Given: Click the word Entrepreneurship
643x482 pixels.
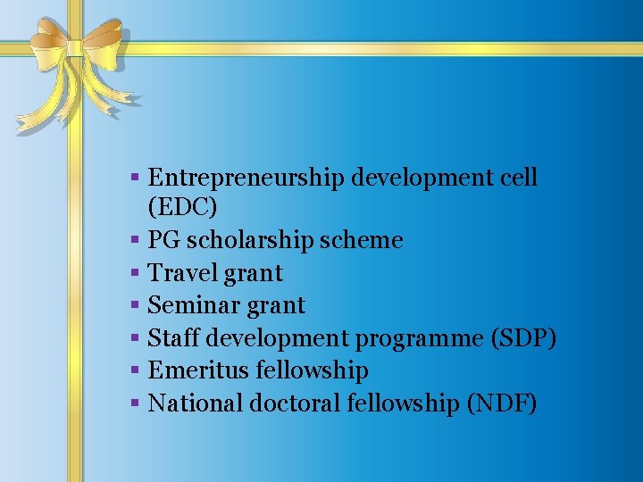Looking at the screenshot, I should pyautogui.click(x=246, y=178).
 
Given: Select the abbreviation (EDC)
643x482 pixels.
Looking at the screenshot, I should pyautogui.click(x=182, y=207).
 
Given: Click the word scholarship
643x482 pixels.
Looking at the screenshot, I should pyautogui.click(x=236, y=240).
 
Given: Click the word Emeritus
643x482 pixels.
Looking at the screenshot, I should pyautogui.click(x=198, y=370).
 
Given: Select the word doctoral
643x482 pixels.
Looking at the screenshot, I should pyautogui.click(x=295, y=403).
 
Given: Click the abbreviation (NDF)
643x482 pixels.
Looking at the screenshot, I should pyautogui.click(x=502, y=403).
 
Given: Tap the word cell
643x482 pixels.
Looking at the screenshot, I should pyautogui.click(x=519, y=177).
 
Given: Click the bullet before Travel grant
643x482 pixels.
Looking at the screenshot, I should pyautogui.click(x=133, y=273).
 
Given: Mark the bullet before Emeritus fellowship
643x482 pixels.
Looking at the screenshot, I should pyautogui.click(x=133, y=370).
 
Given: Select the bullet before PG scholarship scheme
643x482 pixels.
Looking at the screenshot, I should pyautogui.click(x=133, y=240).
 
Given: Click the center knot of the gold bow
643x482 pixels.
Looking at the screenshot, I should pyautogui.click(x=73, y=47).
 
